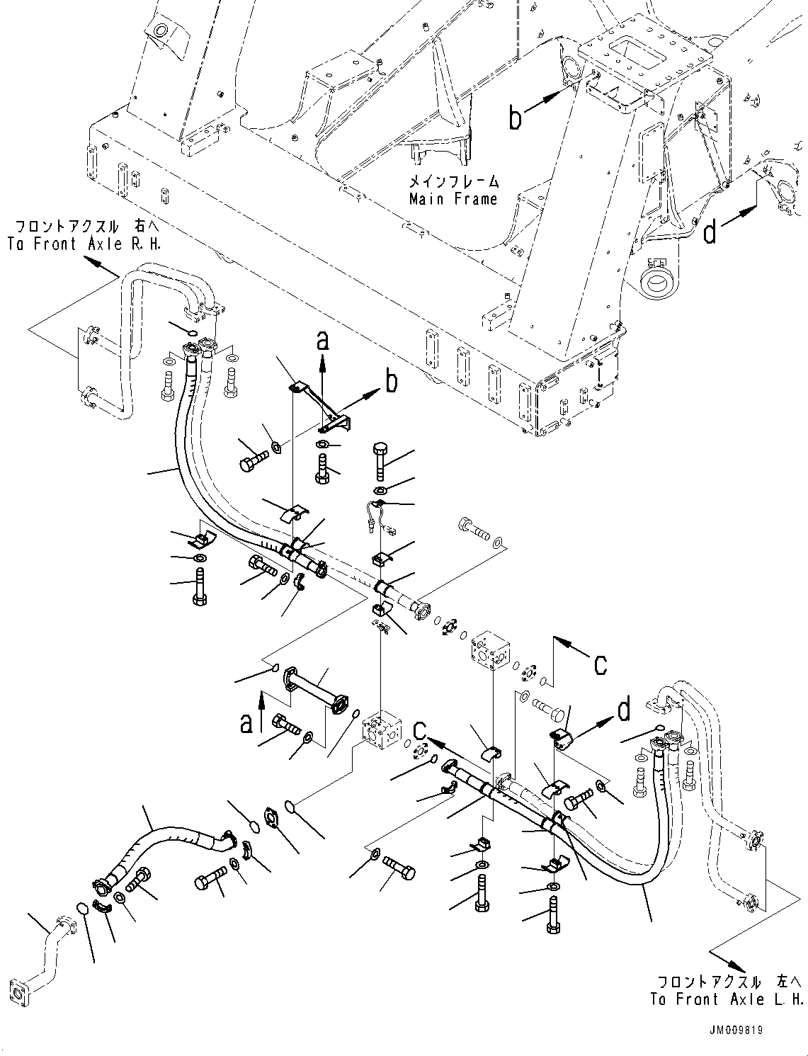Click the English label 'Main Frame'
coord(453,199)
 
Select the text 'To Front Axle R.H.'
coord(84,244)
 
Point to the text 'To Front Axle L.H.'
coord(727,999)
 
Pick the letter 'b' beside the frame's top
coord(516,118)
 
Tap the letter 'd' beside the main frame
coord(710,231)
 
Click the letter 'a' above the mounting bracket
coord(323,341)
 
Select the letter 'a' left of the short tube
coord(246,723)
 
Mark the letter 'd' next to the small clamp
coord(624,710)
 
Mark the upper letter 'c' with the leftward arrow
coord(600,664)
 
